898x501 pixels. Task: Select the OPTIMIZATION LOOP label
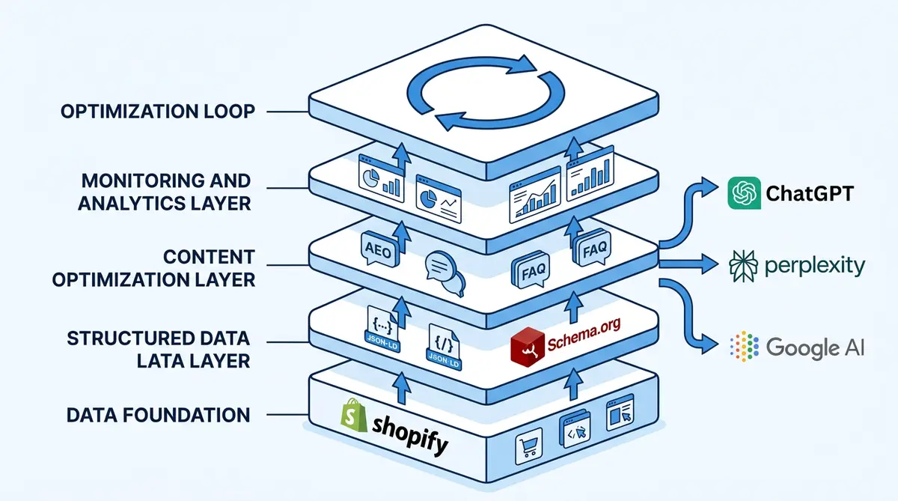[x=158, y=112]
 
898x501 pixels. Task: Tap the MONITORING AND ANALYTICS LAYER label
[x=165, y=192]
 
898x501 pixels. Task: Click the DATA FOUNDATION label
[x=158, y=414]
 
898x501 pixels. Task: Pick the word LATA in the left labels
[x=160, y=360]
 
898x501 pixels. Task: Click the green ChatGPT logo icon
[x=744, y=194]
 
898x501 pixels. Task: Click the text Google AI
[x=816, y=347]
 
